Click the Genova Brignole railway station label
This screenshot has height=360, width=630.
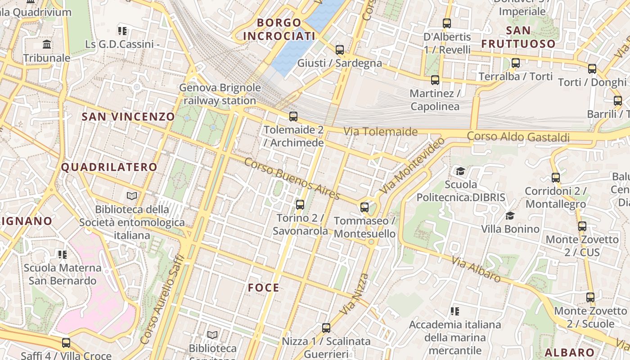pyautogui.click(x=220, y=94)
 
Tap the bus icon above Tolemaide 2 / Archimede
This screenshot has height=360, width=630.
pyautogui.click(x=293, y=117)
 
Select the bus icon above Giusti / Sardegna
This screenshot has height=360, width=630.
pyautogui.click(x=340, y=49)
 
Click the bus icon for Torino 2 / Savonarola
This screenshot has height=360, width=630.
pyautogui.click(x=300, y=205)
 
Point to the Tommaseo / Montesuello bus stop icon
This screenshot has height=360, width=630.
pyautogui.click(x=364, y=207)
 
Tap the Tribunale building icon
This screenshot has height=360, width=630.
pyautogui.click(x=47, y=45)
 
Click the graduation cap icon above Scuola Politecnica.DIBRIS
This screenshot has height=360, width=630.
pyautogui.click(x=460, y=171)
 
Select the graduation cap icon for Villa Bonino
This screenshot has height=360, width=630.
pyautogui.click(x=510, y=216)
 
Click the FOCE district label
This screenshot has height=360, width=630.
pyautogui.click(x=264, y=288)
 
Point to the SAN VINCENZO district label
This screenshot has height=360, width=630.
pyautogui.click(x=128, y=117)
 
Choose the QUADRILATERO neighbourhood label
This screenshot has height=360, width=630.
pyautogui.click(x=109, y=167)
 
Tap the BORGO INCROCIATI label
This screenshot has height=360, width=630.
pyautogui.click(x=279, y=29)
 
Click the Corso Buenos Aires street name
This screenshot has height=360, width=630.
pyautogui.click(x=292, y=179)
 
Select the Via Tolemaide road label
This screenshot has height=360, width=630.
pyautogui.click(x=381, y=132)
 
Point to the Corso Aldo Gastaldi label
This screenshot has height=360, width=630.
pyautogui.click(x=518, y=137)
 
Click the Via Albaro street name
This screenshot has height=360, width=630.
pyautogui.click(x=476, y=269)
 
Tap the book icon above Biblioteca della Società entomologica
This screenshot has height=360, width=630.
pyautogui.click(x=131, y=196)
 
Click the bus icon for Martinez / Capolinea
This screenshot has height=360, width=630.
pyautogui.click(x=435, y=80)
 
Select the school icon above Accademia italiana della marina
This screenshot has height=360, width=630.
pyautogui.click(x=455, y=311)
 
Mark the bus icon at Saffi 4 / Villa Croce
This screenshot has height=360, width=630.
pyautogui.click(x=66, y=343)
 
